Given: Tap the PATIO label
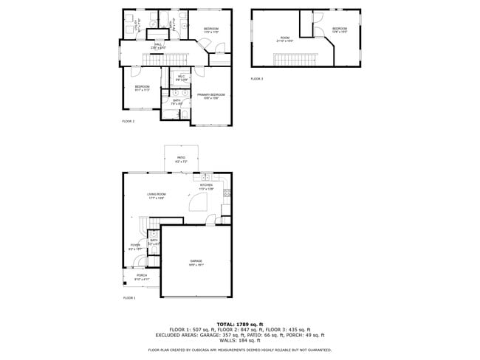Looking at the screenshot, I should [x=180, y=158].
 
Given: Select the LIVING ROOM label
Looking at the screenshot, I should [x=156, y=194].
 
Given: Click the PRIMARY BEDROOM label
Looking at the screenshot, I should [x=210, y=95].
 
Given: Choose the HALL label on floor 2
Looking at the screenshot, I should [x=158, y=45].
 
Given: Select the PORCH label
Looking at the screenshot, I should [x=141, y=276].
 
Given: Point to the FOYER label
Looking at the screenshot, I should [x=135, y=246].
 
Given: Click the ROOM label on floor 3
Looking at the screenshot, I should [x=284, y=38].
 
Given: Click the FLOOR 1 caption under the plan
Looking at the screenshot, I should [x=129, y=297].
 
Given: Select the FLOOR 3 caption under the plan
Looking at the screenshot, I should [x=256, y=78].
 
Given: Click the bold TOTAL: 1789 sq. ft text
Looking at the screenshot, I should [x=240, y=324].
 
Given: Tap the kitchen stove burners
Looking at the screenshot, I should [x=227, y=193].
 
